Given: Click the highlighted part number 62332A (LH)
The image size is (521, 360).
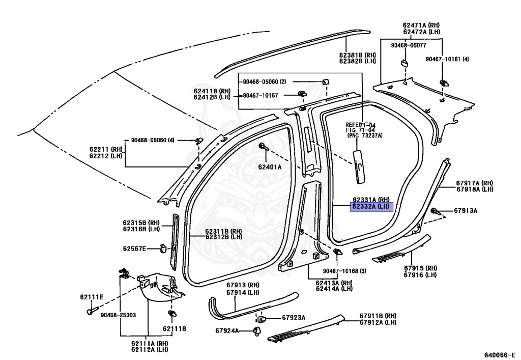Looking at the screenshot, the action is (371, 207).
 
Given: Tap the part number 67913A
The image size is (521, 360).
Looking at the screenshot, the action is (466, 210).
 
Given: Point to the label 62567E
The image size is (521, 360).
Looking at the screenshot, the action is (134, 248).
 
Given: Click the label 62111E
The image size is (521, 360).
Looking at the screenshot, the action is (92, 297).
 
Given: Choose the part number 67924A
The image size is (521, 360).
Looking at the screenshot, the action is (227, 331).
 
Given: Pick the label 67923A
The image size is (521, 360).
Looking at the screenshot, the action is (294, 318).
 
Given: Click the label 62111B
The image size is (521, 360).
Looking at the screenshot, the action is (175, 329).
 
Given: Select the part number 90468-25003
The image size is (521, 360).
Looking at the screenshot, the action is (118, 315).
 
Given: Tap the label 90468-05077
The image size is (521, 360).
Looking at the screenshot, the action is (409, 45).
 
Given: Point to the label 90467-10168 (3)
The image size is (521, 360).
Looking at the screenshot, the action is (344, 271).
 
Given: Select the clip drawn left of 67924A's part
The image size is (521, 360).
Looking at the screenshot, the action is (257, 331).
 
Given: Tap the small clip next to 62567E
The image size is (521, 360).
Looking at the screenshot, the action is (163, 248).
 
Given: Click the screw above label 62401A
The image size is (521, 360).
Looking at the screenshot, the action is (264, 147).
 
